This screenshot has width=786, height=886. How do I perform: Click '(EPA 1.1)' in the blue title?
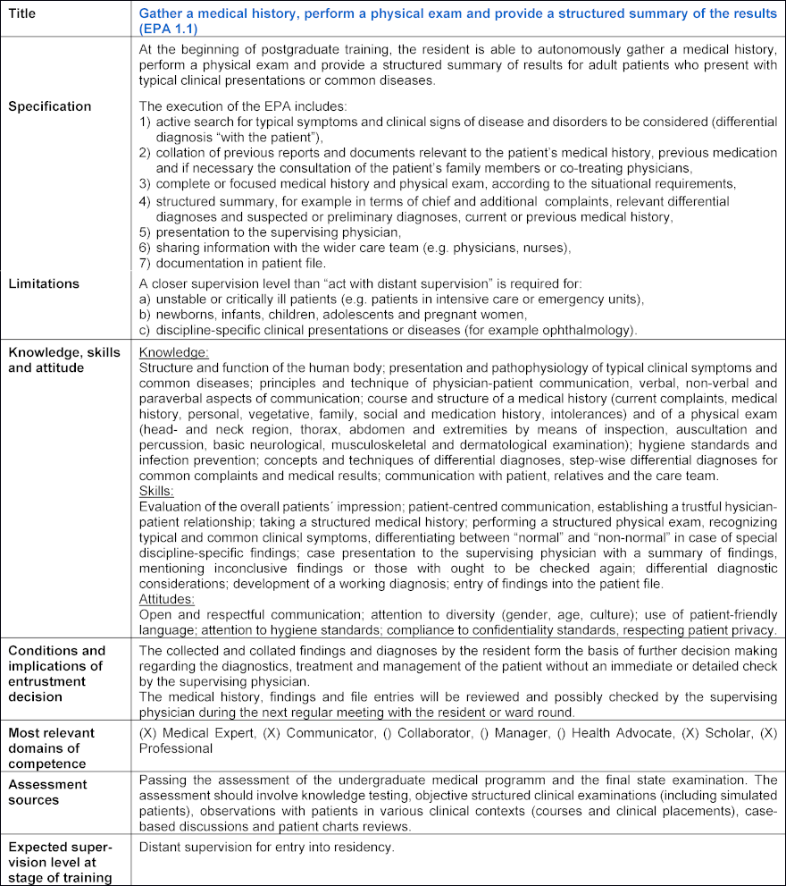click(170, 29)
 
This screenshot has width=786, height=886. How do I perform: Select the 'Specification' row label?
click(49, 106)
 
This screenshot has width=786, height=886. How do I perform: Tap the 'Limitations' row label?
click(44, 283)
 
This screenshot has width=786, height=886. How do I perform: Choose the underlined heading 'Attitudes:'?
click(167, 600)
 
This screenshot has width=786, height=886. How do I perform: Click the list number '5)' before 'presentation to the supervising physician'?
click(146, 232)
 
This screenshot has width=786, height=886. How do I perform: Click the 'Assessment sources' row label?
click(47, 791)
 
